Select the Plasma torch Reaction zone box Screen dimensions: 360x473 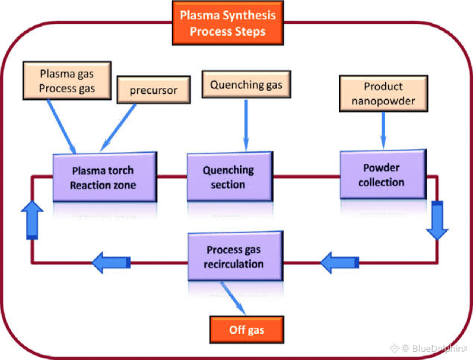click(104, 177)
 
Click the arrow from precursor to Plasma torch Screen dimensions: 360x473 click(120, 130)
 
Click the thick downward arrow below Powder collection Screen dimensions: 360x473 click(438, 221)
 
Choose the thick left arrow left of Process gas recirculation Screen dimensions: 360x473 click(112, 261)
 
